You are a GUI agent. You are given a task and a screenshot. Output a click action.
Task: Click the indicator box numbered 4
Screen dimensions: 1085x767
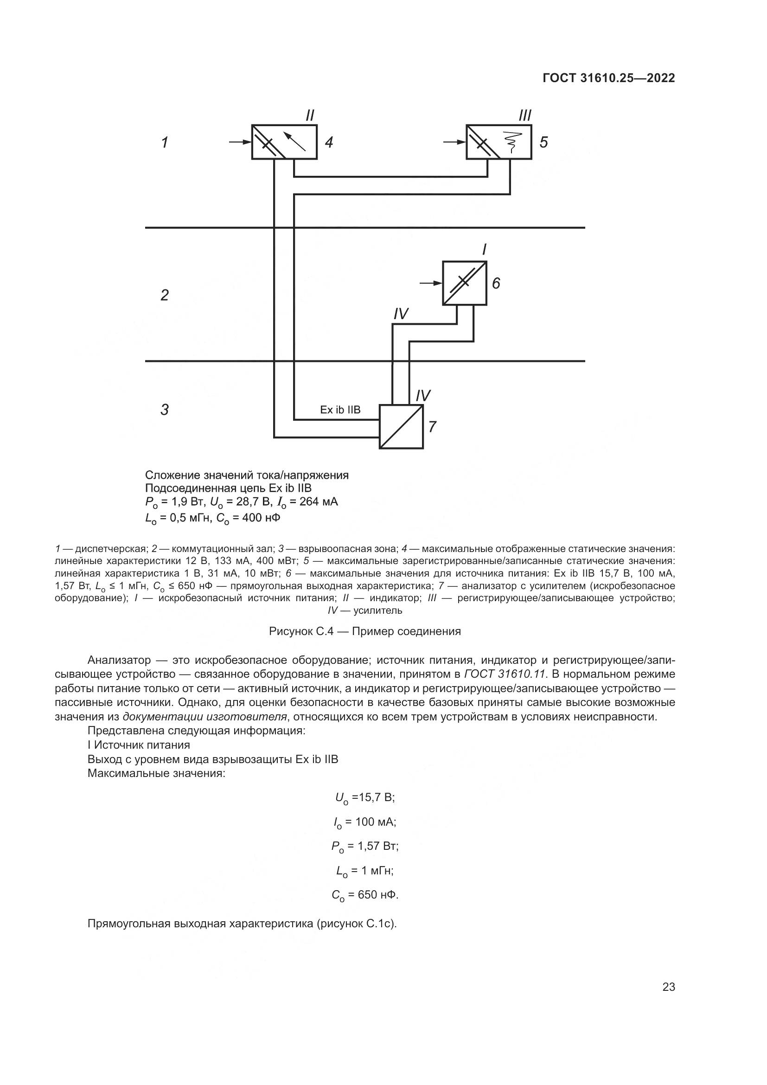coord(284,142)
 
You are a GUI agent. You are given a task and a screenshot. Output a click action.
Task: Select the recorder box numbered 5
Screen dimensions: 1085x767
coord(499,142)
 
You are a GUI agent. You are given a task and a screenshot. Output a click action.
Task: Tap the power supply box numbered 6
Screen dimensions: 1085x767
coord(464,283)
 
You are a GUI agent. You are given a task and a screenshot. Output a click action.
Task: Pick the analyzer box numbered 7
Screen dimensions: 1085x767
coord(402,427)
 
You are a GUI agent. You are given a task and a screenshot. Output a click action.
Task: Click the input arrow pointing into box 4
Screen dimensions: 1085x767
coord(240,142)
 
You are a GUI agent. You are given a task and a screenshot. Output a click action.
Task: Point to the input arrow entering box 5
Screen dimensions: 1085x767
coord(455,142)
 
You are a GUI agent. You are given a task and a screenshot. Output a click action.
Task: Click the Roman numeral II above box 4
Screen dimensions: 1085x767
coord(310,116)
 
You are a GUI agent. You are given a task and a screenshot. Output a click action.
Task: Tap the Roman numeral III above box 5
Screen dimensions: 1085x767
coord(525,116)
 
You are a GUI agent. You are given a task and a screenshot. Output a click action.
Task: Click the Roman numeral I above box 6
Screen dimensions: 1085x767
coord(484,250)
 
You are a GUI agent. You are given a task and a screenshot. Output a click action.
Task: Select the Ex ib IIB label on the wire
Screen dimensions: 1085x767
coord(340,410)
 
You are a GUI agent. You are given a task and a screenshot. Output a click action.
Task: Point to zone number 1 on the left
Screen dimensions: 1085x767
coord(164,142)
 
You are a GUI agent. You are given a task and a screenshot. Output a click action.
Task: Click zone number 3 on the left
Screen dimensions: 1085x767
coord(164,409)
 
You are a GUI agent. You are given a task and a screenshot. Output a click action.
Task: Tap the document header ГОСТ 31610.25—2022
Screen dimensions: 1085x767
coord(609,78)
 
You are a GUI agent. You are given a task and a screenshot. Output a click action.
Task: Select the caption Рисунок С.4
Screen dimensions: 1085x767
coord(364,631)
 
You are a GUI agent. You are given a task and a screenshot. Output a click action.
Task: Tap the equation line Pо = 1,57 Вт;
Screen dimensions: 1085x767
coord(364,846)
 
